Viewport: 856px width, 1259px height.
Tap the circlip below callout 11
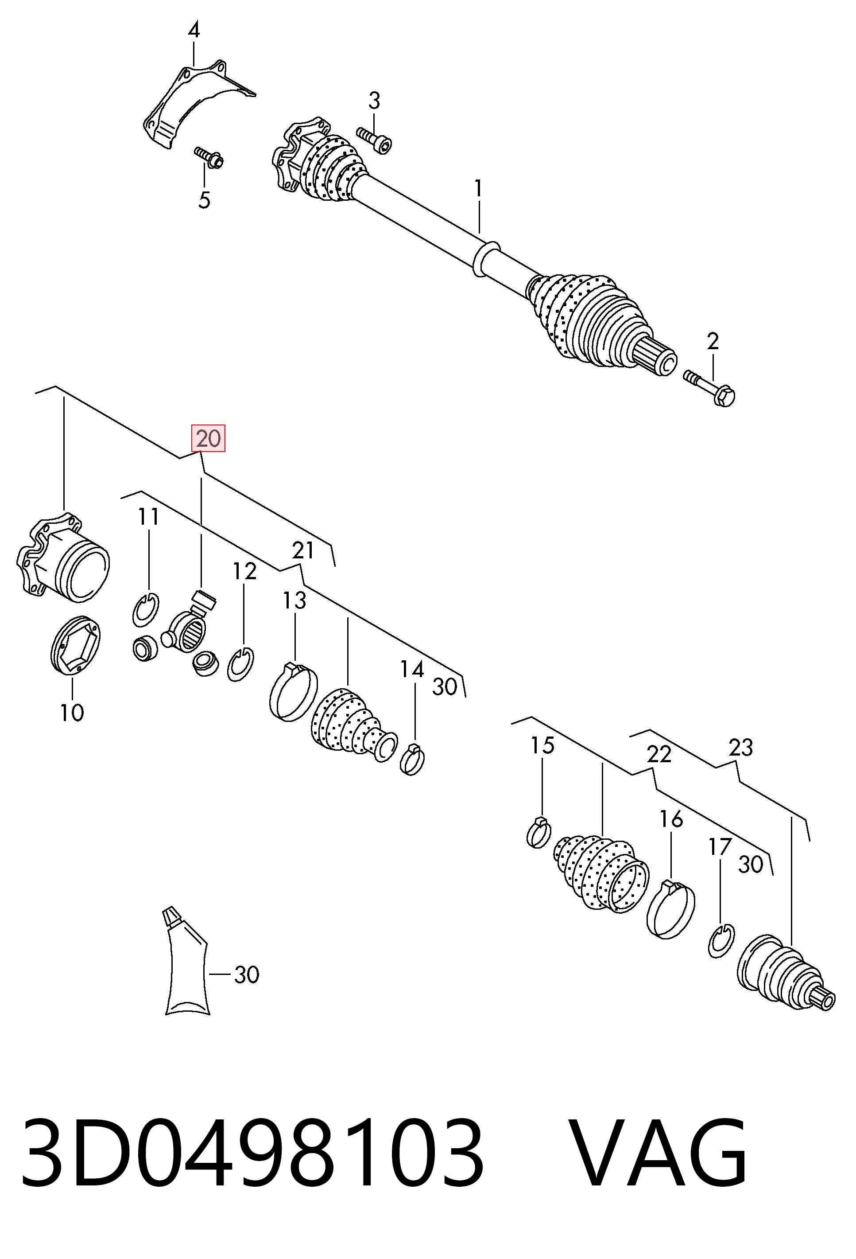[x=146, y=610]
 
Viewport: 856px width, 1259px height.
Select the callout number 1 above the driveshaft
[x=478, y=188]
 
